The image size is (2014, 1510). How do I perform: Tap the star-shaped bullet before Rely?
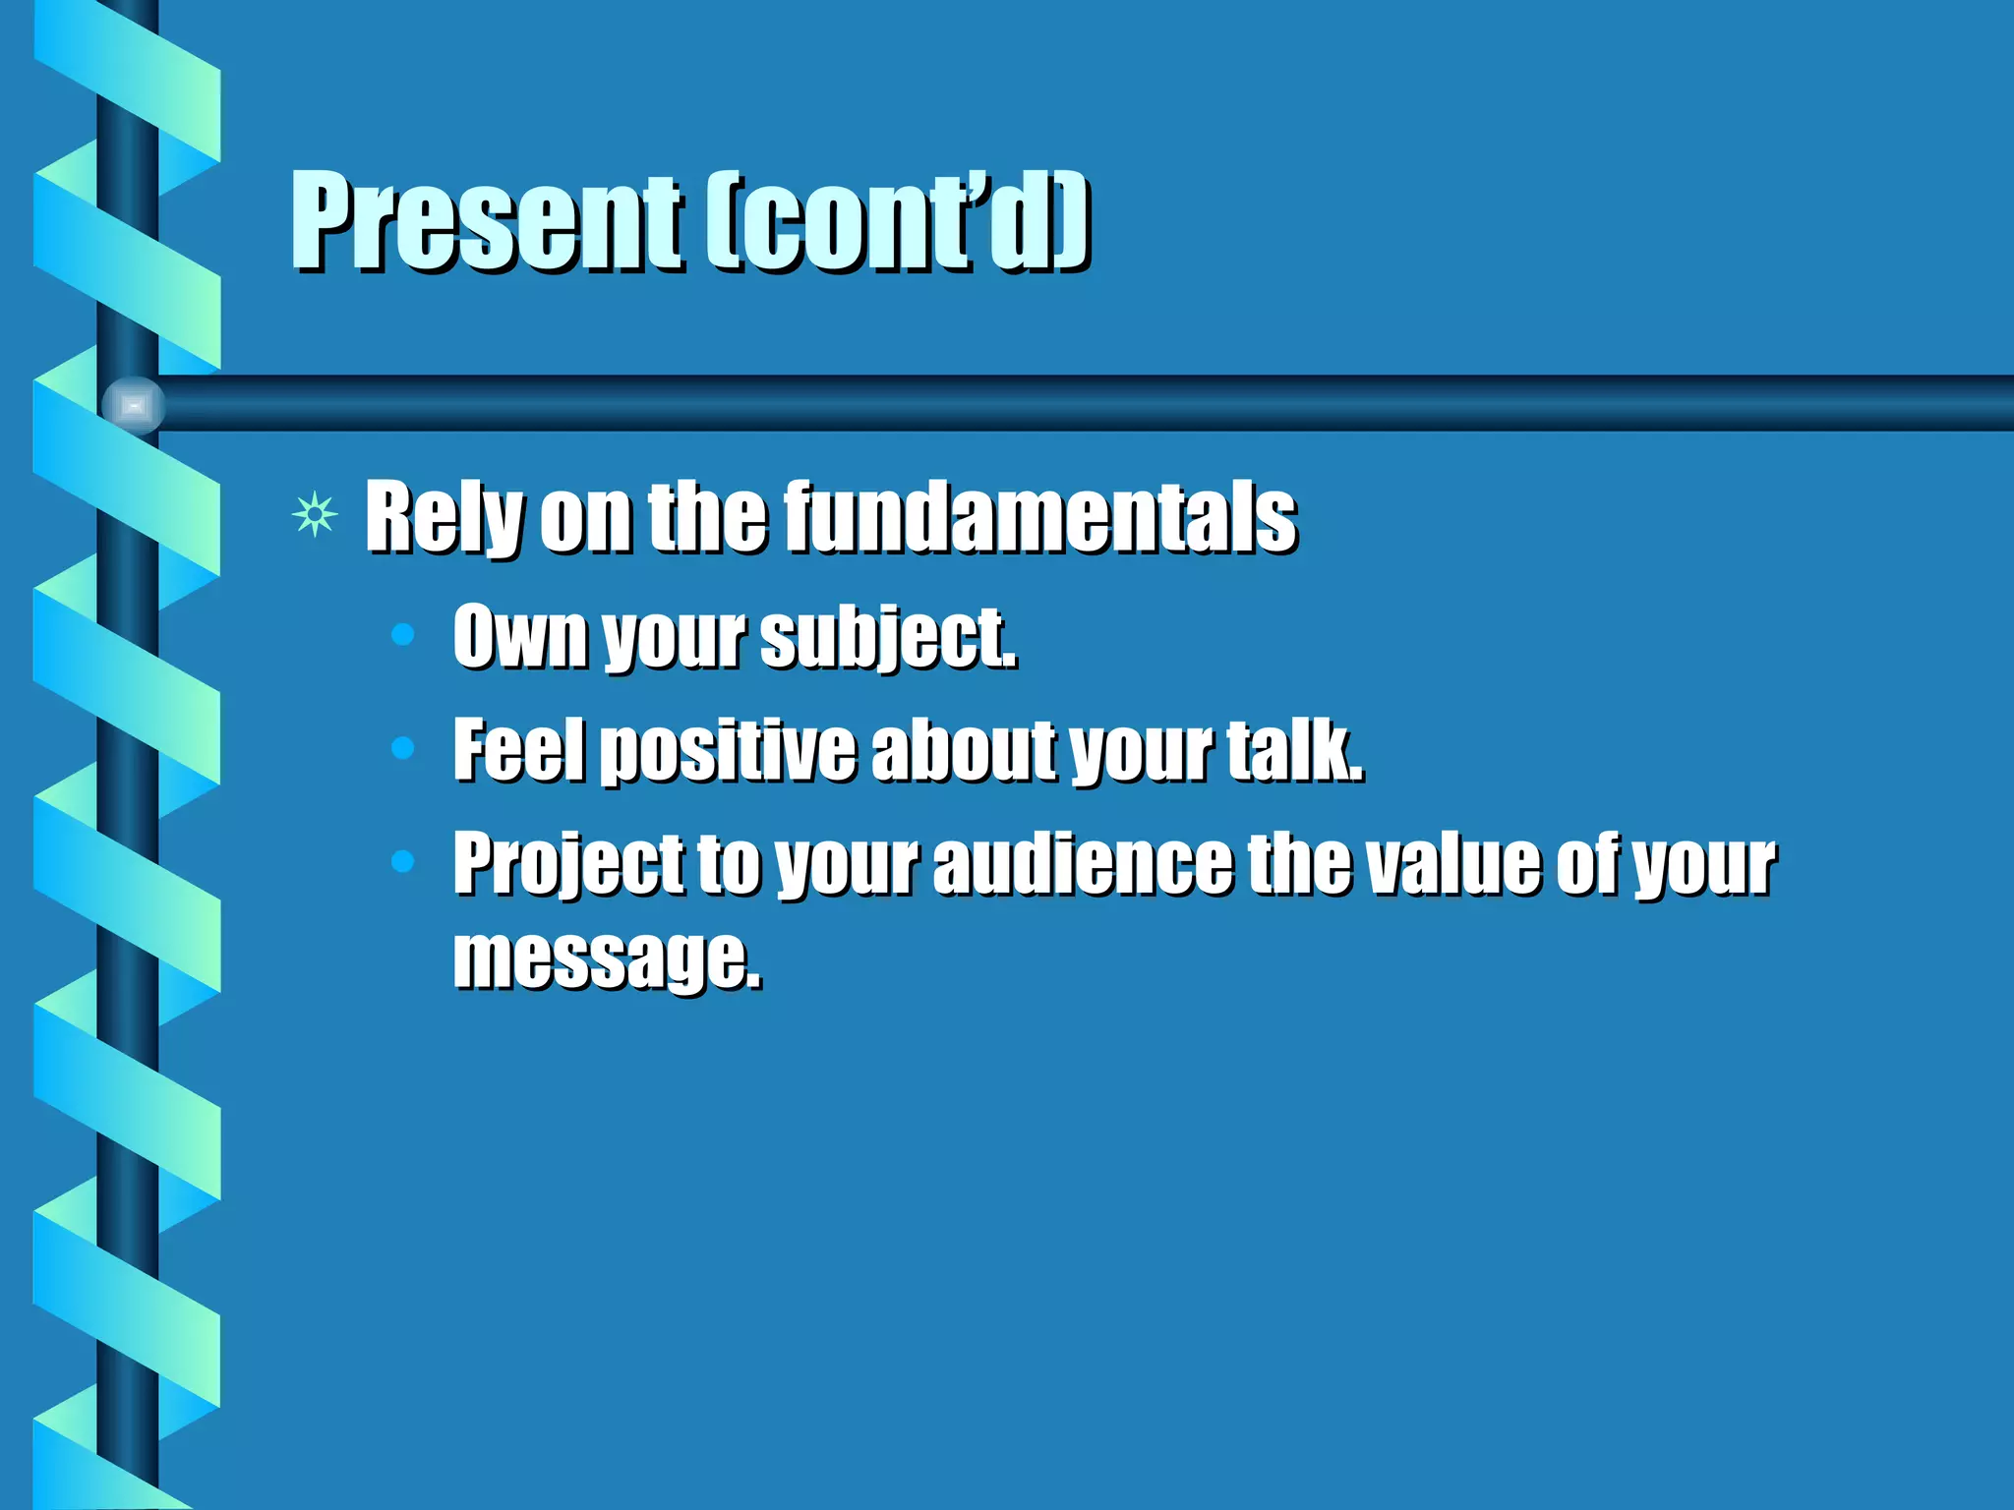315,515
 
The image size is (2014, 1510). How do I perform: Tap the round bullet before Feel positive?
402,749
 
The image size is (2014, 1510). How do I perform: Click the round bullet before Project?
402,862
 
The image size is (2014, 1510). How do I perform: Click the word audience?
1082,862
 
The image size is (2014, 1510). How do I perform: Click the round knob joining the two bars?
133,404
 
